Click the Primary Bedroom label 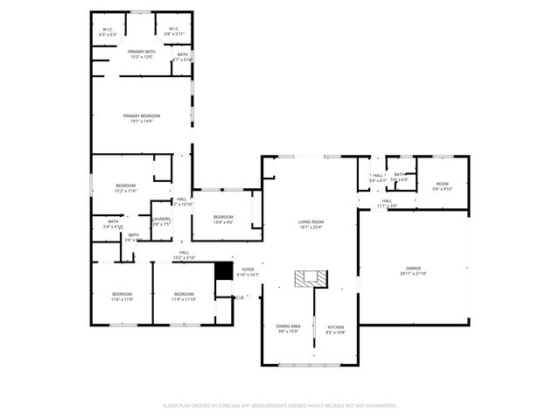point(141,118)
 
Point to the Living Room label point(311,224)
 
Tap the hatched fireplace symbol point(310,278)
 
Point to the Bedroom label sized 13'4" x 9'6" point(223,219)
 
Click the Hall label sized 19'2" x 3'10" point(184,255)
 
